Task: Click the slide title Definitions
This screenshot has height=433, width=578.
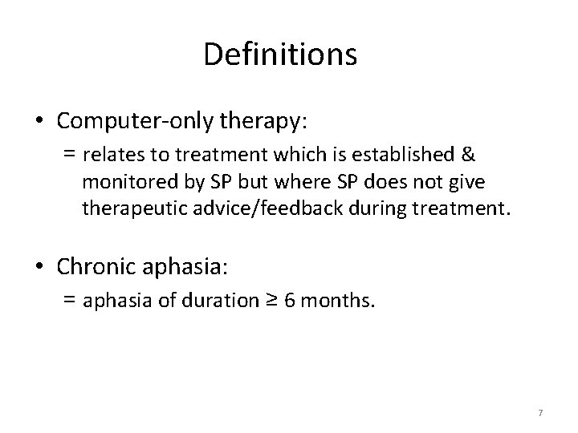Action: pyautogui.click(x=280, y=55)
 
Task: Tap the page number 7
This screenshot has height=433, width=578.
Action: pyautogui.click(x=540, y=413)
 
